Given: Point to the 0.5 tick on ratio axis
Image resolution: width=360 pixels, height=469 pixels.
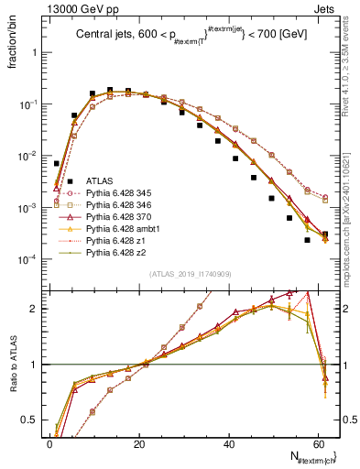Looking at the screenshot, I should [30, 420].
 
